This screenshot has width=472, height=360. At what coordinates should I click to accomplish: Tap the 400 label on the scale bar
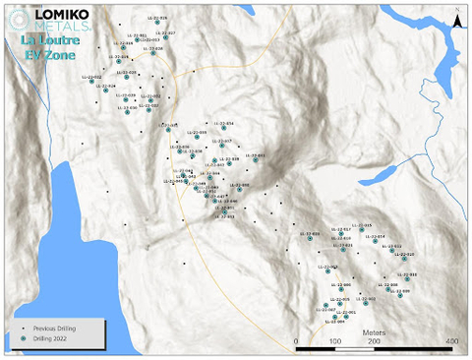click(x=451, y=340)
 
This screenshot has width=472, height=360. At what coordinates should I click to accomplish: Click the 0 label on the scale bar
click(x=297, y=340)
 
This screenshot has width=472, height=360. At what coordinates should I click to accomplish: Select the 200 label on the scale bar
click(x=374, y=340)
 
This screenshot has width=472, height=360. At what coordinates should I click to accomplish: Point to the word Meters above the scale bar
click(x=375, y=332)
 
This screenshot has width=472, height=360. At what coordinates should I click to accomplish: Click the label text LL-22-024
click(x=104, y=86)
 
